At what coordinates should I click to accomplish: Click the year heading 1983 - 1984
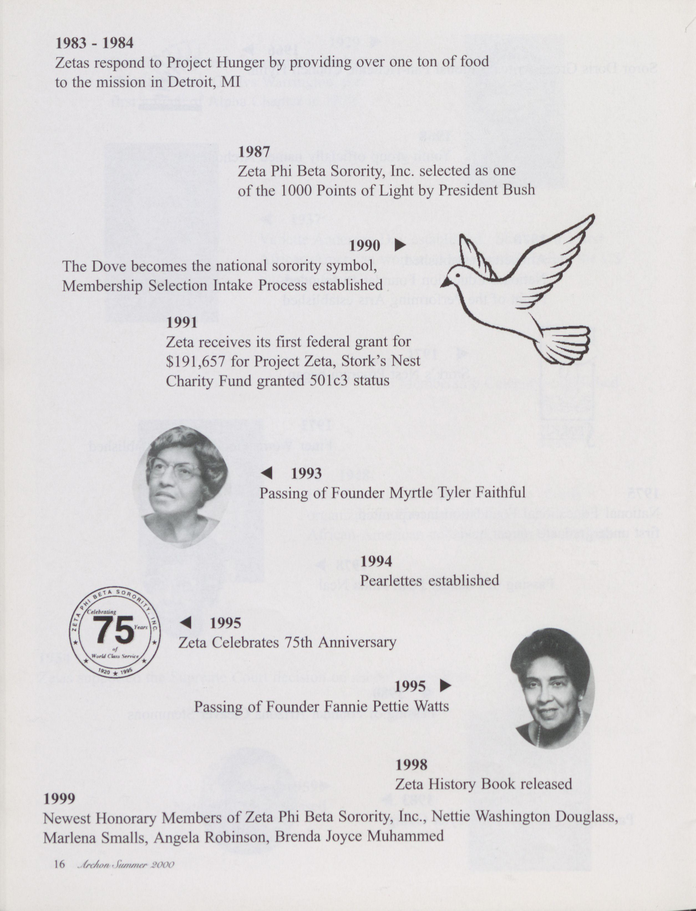pos(95,43)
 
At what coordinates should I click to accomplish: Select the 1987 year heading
pos(254,152)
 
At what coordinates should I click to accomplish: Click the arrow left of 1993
pos(267,473)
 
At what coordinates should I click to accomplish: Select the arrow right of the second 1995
pos(445,686)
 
